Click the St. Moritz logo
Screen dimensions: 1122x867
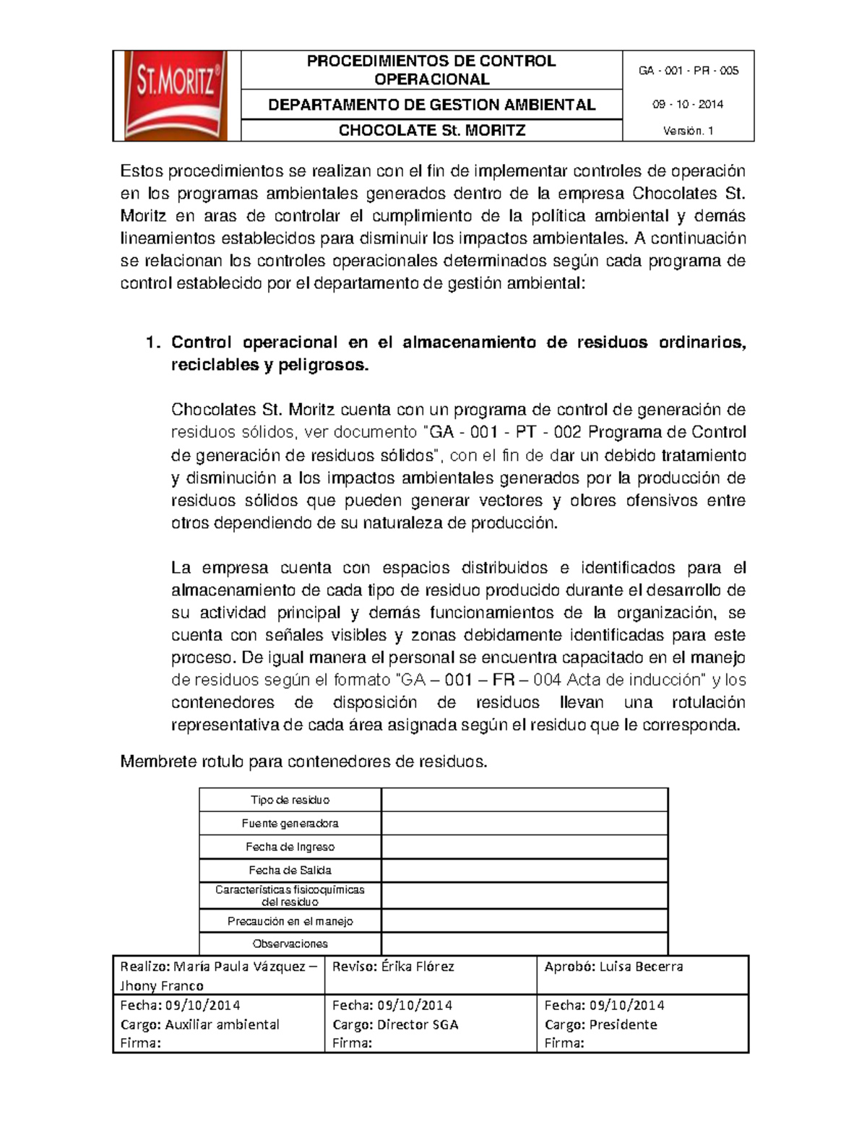click(176, 95)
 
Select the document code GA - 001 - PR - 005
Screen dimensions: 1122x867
click(688, 71)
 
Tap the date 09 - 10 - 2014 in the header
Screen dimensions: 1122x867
click(688, 105)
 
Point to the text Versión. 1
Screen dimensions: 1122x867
click(688, 131)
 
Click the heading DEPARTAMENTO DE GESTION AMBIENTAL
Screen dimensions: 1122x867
click(431, 105)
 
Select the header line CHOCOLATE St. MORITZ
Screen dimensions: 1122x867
click(431, 131)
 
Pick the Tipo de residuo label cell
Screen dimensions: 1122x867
click(290, 800)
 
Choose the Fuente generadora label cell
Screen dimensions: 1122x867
click(290, 824)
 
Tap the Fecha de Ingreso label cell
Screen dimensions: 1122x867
click(290, 847)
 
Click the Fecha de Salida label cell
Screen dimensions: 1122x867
click(290, 871)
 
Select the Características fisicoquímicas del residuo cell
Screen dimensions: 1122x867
click(290, 896)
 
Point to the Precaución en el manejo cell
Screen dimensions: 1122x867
click(290, 921)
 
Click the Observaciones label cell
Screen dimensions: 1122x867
click(290, 944)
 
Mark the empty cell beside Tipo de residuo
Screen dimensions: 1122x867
click(524, 800)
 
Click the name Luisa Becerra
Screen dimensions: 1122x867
click(641, 967)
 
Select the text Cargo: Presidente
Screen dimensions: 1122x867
click(600, 1024)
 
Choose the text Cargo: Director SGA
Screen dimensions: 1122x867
click(395, 1024)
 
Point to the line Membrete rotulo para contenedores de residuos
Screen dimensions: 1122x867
click(303, 761)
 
